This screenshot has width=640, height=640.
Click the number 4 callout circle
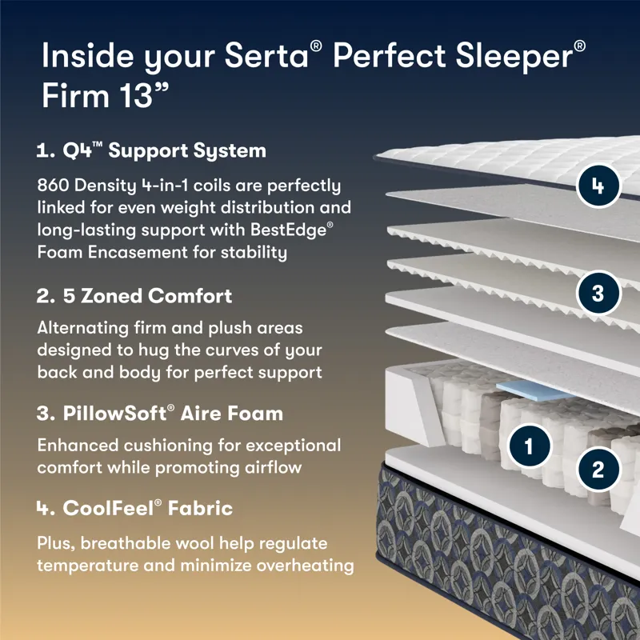tap(598, 186)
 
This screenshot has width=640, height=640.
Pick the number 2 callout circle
tap(598, 468)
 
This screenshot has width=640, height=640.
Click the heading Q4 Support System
tap(151, 150)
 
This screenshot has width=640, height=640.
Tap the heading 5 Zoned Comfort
tap(134, 295)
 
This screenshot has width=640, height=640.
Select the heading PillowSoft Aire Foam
tap(160, 414)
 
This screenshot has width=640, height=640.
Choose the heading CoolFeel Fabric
tap(135, 508)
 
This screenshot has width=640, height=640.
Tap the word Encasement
tap(141, 253)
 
